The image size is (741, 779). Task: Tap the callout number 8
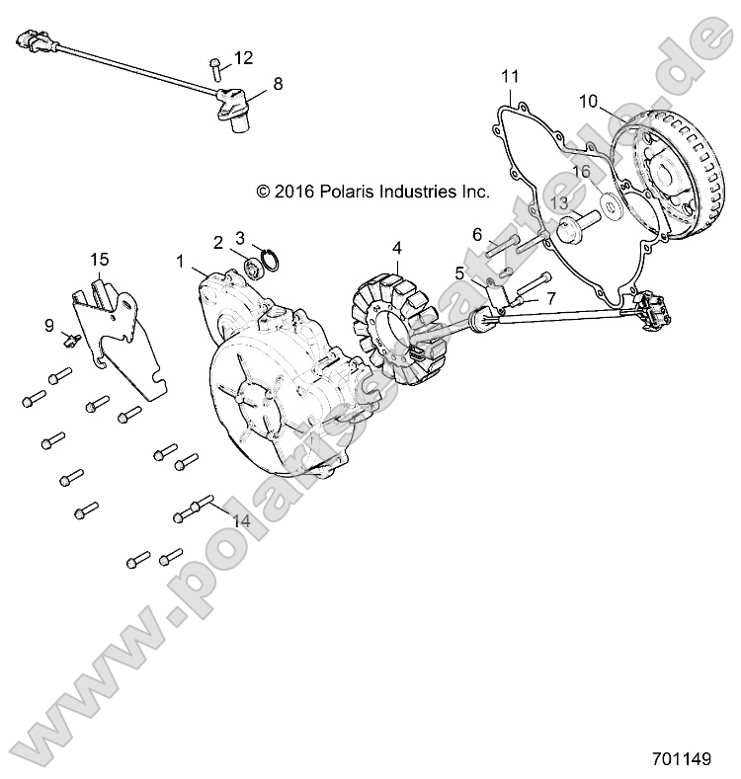tap(278, 84)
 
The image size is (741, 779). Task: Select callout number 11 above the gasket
tap(510, 76)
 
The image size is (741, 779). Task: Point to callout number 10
tap(588, 101)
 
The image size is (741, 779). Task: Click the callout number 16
tap(581, 172)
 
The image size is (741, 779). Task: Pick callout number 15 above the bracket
tap(100, 259)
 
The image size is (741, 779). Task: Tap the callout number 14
tap(241, 519)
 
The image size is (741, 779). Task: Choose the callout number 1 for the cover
tap(181, 261)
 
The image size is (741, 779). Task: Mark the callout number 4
tap(396, 247)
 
